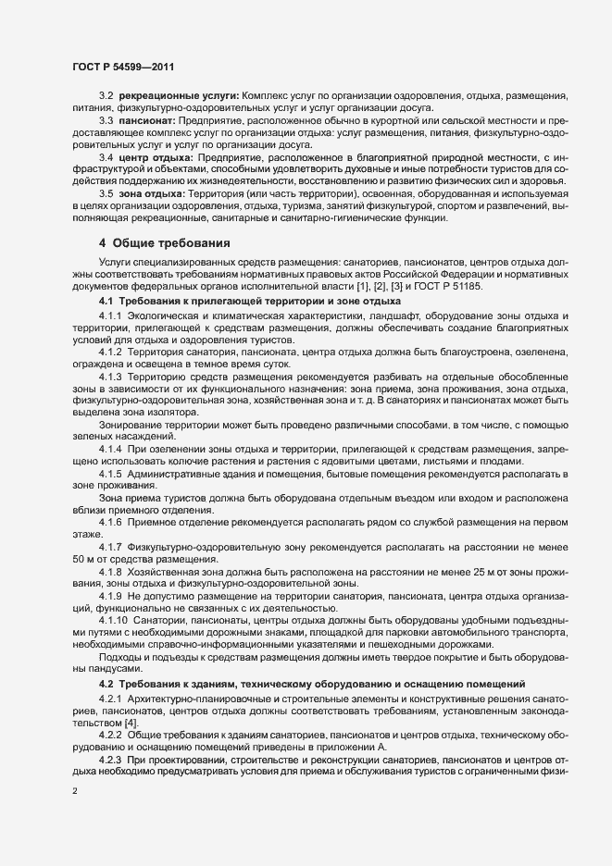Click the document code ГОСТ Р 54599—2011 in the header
click(123, 67)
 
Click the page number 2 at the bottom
click(74, 792)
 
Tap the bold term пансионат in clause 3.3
click(147, 121)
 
